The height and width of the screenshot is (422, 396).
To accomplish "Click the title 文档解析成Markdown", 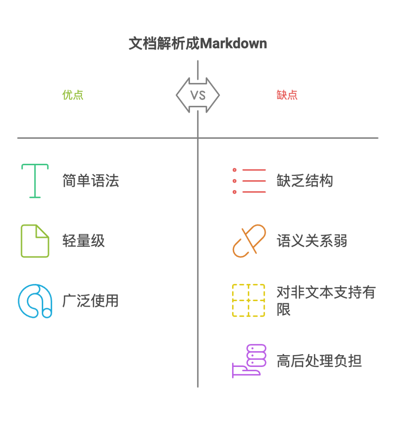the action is pos(198,44).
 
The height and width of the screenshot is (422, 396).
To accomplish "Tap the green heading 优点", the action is pos(73,95).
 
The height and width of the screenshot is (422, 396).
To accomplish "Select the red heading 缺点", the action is pos(287,95).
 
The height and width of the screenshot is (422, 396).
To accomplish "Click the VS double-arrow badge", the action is pos(198,95).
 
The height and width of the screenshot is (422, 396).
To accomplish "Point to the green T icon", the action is pos(35,181).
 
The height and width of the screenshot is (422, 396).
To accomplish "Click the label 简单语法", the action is pos(91,181).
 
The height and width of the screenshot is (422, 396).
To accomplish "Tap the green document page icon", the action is pos(35,241).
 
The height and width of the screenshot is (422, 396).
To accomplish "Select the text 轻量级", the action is pos(83,241).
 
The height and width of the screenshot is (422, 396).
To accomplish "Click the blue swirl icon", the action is pos(35,301).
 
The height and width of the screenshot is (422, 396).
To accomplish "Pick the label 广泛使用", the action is pos(91,301).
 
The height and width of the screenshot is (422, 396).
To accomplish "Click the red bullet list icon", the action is pos(249,181).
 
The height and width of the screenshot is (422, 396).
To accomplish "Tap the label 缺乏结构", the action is pos(305,181).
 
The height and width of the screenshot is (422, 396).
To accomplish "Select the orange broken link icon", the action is pos(249,241).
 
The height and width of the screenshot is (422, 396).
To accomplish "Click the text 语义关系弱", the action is pos(312,241).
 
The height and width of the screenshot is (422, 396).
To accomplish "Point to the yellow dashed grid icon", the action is pos(249,300).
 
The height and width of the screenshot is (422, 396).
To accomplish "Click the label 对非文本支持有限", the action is pos(326,300).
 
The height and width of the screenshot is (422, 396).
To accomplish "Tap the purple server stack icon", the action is pos(249,361).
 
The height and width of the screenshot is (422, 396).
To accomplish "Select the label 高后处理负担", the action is pos(319,361).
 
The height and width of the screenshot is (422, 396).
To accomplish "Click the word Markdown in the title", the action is pos(233,44).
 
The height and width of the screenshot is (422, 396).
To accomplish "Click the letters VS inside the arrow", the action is pos(198,95).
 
